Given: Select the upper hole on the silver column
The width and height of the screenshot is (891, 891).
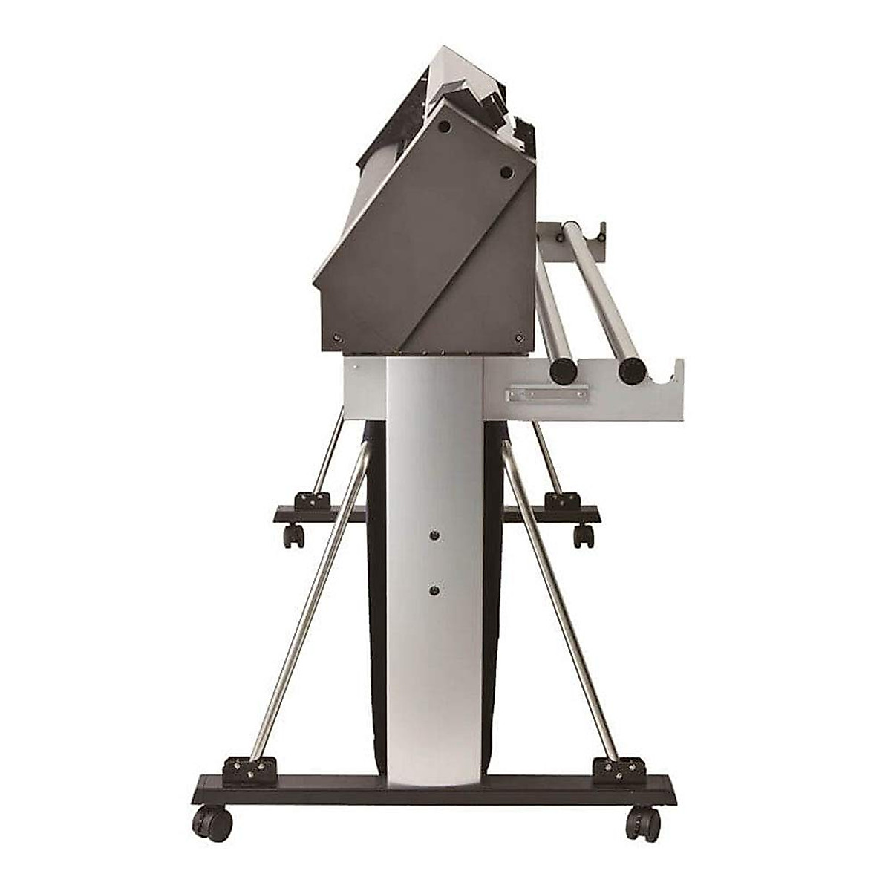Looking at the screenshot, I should pos(434,534).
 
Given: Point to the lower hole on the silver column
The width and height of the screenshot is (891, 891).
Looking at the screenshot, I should pos(434,590).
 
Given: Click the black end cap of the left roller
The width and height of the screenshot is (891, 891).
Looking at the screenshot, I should pos(561,370).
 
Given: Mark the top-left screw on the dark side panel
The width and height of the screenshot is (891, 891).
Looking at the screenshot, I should pos(444,127).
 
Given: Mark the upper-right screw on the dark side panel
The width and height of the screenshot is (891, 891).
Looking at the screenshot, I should pos(506,172).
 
